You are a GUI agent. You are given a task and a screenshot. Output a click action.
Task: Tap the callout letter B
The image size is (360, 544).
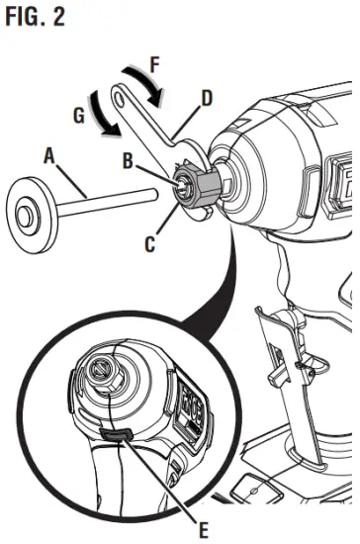[x=129, y=160]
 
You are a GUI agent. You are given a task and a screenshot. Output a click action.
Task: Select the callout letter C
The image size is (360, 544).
[x=149, y=241]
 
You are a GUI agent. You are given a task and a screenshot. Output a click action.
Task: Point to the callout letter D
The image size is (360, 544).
[x=207, y=99]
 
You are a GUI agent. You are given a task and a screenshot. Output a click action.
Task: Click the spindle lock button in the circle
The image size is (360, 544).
[x=117, y=432]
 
